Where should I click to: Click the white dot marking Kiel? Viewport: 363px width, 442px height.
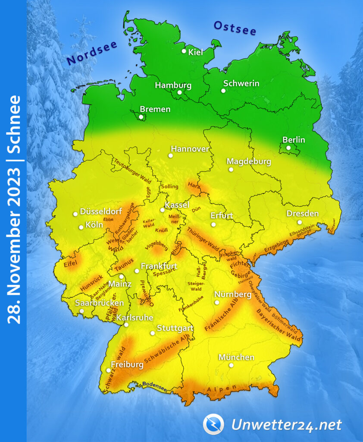(184, 51)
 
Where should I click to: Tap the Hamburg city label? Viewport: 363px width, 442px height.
(173, 85)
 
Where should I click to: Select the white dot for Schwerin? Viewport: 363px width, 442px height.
(223, 91)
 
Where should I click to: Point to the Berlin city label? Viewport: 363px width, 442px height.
(294, 139)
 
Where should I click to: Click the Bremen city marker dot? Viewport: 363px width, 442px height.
(141, 117)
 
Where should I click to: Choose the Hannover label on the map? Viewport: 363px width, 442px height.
(190, 149)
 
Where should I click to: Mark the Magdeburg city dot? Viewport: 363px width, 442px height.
(231, 170)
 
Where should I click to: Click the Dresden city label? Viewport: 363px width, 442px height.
(303, 214)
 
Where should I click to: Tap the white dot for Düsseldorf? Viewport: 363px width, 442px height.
(75, 214)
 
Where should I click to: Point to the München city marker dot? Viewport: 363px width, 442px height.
(231, 365)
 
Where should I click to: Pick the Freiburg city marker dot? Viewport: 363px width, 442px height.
(108, 370)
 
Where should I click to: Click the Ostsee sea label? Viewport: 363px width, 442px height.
(235, 28)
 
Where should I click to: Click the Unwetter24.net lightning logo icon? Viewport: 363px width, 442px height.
(213, 424)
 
